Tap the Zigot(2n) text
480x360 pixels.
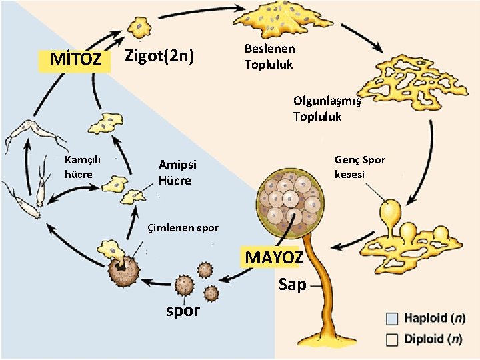coord(160,57)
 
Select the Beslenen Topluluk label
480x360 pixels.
coord(269,57)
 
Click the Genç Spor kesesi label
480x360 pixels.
coord(360,167)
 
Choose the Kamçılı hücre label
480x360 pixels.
coord(82,167)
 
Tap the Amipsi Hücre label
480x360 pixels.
coord(175,173)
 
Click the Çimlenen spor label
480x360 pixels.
coord(183,228)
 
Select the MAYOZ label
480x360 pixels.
coord(275,257)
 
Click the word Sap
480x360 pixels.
coord(292,285)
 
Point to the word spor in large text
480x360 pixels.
coord(183,310)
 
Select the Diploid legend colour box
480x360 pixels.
coord(392,338)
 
